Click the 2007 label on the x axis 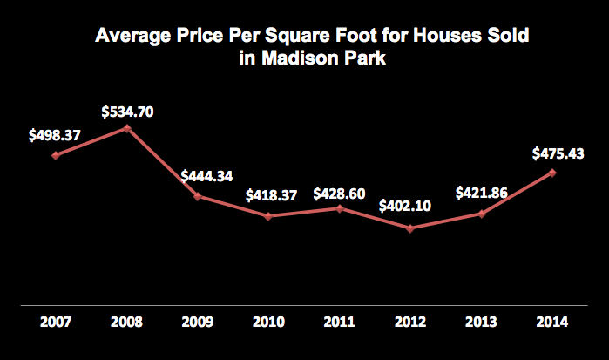click(57, 322)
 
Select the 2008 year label click(127, 322)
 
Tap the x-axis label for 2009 click(198, 322)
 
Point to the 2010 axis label click(269, 322)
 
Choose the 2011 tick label click(340, 322)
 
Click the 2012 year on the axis click(410, 322)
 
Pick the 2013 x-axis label click(481, 322)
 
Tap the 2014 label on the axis click(552, 322)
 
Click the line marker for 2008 click(127, 128)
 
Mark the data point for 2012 click(410, 228)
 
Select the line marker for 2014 click(552, 173)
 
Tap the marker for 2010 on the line click(269, 216)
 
